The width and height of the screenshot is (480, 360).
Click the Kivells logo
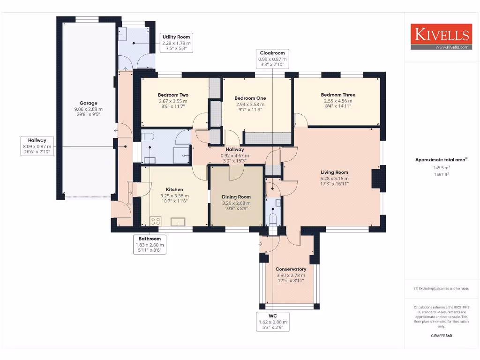pyautogui.click(x=441, y=34)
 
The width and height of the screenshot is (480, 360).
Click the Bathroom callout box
pyautogui.click(x=149, y=245)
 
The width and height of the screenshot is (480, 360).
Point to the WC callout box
pyautogui.click(x=272, y=322)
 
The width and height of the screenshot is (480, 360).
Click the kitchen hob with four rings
pyautogui.click(x=156, y=221)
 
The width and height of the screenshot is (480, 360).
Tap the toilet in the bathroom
pyautogui.click(x=148, y=137)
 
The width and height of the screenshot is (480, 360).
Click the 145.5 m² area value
pyautogui.click(x=441, y=168)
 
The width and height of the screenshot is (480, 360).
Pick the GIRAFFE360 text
pyautogui.click(x=441, y=336)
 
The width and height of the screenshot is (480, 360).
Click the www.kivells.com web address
pyautogui.click(x=452, y=47)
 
